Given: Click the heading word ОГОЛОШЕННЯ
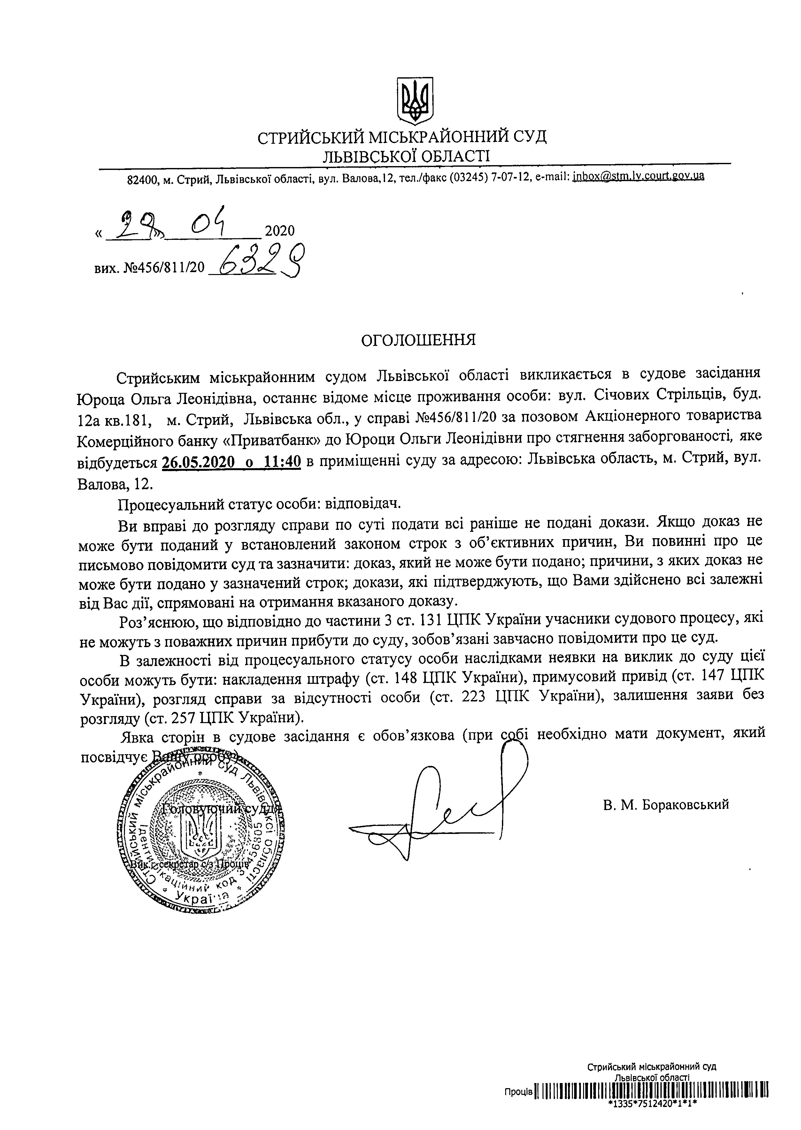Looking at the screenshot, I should click(419, 340).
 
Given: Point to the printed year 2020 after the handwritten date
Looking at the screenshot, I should click(280, 231).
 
